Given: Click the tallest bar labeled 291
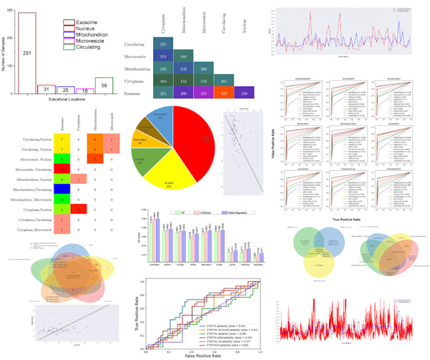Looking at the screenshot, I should [x=26, y=54].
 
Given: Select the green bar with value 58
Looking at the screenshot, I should [x=104, y=85].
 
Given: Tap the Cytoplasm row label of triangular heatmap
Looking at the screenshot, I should [x=135, y=80].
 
